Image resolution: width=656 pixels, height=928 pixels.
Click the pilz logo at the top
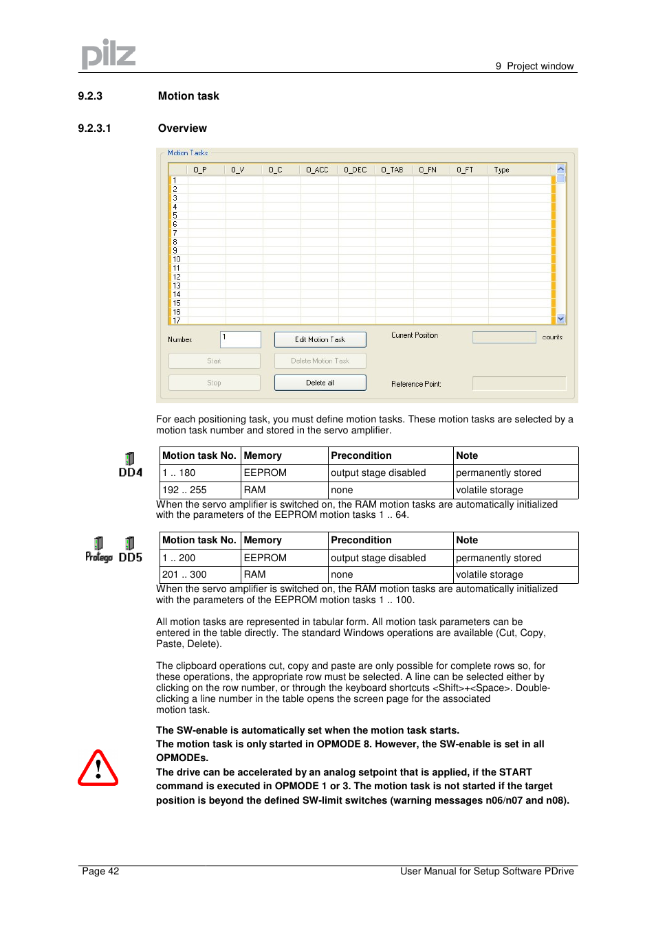(x=108, y=54)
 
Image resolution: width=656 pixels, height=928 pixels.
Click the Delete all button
(x=320, y=383)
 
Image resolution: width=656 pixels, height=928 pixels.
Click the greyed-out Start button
(x=214, y=361)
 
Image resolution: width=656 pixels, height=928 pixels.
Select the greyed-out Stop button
(x=214, y=383)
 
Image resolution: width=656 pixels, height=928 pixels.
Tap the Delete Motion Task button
(x=320, y=361)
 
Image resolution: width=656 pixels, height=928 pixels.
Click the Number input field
(x=241, y=339)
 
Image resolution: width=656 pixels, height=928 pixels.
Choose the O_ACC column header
(x=317, y=170)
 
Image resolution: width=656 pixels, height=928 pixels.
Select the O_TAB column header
(x=392, y=170)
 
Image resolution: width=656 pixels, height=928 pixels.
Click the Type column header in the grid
(x=501, y=170)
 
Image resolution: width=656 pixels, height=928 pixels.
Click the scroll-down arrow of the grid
(x=560, y=319)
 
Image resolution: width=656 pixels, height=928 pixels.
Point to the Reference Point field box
(x=518, y=383)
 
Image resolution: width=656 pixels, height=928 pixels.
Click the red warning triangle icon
(x=98, y=768)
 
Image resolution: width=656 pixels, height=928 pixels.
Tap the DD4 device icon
(x=130, y=464)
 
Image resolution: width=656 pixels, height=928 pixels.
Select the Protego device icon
(x=98, y=550)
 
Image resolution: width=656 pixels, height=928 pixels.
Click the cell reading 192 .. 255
(x=184, y=490)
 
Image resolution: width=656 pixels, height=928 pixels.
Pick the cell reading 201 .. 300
(x=184, y=574)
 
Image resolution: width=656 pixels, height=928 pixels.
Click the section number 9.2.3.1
(x=94, y=128)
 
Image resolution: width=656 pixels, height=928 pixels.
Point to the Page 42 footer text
(x=100, y=871)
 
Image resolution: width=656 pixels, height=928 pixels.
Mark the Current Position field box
(x=503, y=337)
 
